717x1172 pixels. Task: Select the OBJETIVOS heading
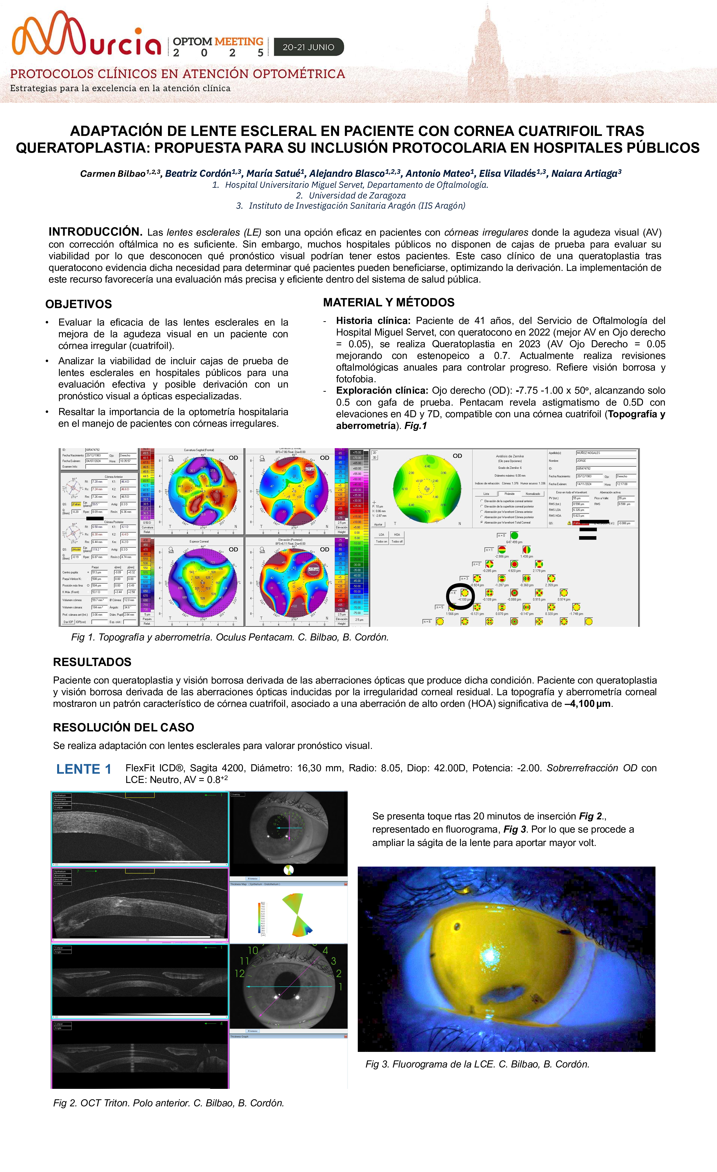(79, 304)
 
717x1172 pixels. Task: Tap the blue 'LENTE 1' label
(84, 769)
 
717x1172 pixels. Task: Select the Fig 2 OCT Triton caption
(168, 1103)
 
